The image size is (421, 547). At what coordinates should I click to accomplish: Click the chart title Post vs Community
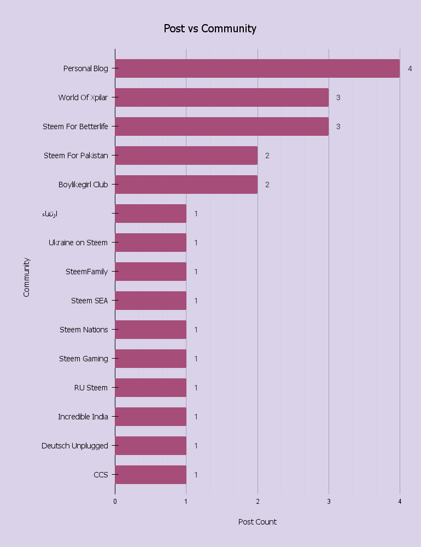pos(210,28)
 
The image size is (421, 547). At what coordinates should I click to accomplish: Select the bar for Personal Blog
pos(258,68)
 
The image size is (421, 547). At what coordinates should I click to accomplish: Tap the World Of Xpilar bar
pos(222,97)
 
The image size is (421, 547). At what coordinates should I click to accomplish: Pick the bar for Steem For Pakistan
pos(186,156)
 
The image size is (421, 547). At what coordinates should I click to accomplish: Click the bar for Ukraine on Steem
pos(151,243)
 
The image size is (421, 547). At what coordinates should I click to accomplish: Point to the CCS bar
pos(151,474)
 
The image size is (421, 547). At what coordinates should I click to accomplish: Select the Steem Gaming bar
pos(151,359)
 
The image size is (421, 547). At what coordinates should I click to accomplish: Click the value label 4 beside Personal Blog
pos(410,69)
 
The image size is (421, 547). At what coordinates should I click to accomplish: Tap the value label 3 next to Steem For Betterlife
pos(338,126)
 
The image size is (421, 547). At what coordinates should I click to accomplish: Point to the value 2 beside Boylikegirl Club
pos(267,185)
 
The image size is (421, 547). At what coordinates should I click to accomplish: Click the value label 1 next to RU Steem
pos(196,388)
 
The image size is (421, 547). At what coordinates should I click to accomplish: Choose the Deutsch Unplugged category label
pos(75,446)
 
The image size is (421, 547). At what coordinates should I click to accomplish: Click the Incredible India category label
pos(83,417)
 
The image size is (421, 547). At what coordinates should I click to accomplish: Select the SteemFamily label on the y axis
pos(87,272)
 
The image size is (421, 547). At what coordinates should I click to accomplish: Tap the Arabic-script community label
pos(50,214)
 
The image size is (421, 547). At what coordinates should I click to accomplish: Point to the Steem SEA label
pos(90,301)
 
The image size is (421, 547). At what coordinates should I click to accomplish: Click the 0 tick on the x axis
pos(115,502)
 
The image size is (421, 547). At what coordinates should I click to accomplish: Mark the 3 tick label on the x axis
pos(329,502)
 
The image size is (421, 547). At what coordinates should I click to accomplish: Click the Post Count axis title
pos(258,522)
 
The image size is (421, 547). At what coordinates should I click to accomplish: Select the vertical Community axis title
pos(26,278)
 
